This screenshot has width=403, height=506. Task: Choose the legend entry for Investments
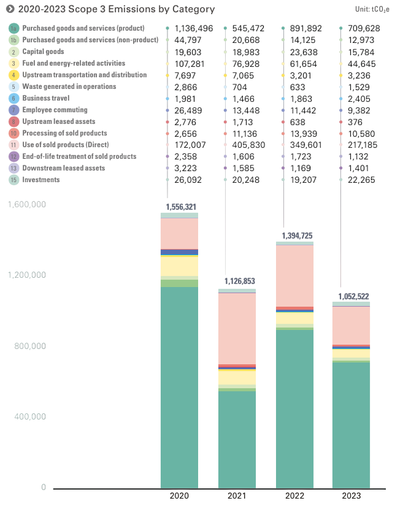(40, 180)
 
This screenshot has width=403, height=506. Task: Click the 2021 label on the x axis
(237, 495)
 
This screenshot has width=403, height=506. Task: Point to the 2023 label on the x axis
(351, 495)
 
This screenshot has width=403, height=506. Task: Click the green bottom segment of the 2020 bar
(180, 386)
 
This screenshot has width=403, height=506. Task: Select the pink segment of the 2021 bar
(237, 328)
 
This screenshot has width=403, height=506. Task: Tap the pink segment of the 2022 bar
(294, 276)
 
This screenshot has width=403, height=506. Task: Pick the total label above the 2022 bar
(295, 236)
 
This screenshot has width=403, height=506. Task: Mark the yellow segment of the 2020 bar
(180, 266)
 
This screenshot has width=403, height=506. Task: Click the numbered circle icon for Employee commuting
(12, 110)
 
